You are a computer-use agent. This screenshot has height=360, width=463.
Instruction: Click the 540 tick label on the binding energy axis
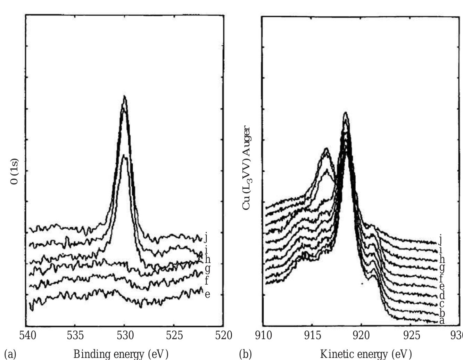click(27, 335)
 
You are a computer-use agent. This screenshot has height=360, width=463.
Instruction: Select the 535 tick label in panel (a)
click(75, 335)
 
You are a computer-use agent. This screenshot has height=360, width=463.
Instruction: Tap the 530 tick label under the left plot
click(125, 335)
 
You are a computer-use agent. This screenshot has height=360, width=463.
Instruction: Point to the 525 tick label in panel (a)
click(174, 335)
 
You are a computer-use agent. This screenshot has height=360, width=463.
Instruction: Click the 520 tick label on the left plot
click(223, 335)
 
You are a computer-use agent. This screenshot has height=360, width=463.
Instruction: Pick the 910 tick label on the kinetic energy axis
click(263, 336)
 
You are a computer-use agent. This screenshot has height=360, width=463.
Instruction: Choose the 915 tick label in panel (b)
click(312, 336)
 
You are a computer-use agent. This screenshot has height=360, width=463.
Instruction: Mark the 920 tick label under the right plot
click(362, 336)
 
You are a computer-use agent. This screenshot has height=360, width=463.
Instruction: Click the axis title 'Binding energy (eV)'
click(121, 354)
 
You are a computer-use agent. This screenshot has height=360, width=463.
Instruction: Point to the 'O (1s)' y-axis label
click(15, 172)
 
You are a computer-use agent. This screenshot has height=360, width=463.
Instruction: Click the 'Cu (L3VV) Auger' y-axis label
click(246, 168)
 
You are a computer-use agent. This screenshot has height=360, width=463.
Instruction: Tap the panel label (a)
click(10, 354)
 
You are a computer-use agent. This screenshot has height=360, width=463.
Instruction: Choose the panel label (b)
click(245, 354)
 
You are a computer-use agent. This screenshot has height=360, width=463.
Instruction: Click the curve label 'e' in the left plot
click(207, 295)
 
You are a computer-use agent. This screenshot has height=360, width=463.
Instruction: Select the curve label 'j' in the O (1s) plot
click(206, 237)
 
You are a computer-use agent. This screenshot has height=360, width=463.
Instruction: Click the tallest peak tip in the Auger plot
click(345, 113)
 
